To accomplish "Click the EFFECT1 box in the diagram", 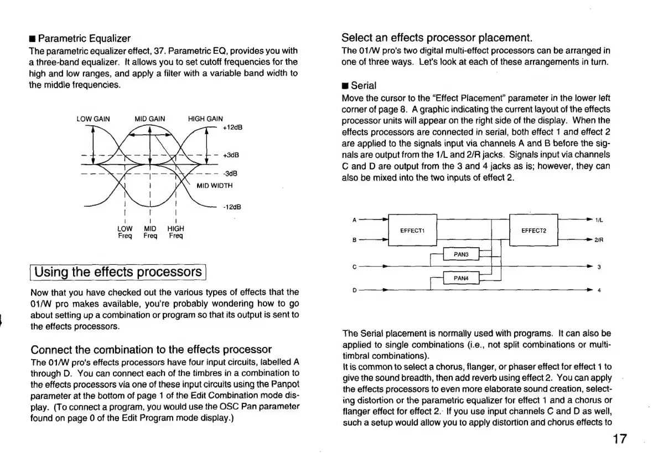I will coord(412,230).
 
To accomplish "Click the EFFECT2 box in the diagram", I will coord(533,230).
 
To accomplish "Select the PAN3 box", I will coord(461,254).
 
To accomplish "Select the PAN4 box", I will coord(461,279).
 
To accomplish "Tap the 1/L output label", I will coord(599,220).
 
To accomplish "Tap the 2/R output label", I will coord(599,241).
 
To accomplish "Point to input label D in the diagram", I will coord(354,290).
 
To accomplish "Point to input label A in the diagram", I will coord(354,220).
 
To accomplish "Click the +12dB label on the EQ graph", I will coord(233,127).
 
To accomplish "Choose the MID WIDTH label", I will coord(215,185).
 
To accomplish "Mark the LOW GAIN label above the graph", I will coord(93,119).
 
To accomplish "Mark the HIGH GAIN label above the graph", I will coord(205,119).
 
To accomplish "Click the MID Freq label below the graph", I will coord(150,232).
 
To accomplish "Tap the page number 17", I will coord(620,439).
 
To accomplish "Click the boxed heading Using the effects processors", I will coord(118,272).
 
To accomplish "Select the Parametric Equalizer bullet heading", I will coord(80,39).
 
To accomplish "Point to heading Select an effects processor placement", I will coord(437,38).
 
